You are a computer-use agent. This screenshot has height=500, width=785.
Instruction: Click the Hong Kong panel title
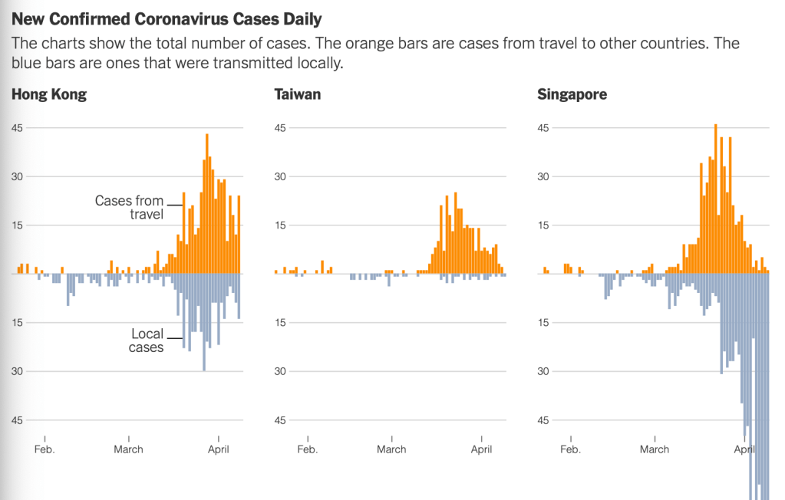(48, 95)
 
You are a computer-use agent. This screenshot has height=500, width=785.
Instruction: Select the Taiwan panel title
(297, 95)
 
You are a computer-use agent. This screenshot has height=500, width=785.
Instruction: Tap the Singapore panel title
(572, 95)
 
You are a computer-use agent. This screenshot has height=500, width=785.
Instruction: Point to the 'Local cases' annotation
(147, 340)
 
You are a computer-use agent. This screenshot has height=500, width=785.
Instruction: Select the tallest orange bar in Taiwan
(455, 232)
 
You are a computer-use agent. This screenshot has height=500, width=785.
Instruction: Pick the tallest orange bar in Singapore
(716, 199)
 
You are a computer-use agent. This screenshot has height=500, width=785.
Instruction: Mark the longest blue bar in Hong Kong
(204, 322)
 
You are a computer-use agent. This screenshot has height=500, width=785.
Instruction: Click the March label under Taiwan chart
(391, 449)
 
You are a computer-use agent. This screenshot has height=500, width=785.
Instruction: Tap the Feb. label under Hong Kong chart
(45, 449)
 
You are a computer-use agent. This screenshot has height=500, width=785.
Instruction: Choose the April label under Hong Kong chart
(219, 449)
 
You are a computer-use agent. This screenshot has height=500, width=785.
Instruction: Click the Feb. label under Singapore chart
(570, 449)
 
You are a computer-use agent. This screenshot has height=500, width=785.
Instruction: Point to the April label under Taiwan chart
(481, 449)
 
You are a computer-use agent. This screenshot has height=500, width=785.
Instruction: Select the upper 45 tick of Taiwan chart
(280, 127)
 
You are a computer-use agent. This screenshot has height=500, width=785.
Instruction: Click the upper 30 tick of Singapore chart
(543, 176)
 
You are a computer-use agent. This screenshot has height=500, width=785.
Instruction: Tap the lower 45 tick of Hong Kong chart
(17, 420)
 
